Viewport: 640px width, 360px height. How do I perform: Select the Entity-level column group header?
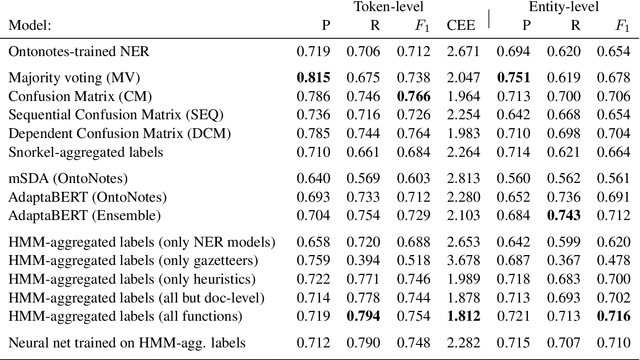pyautogui.click(x=565, y=7)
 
